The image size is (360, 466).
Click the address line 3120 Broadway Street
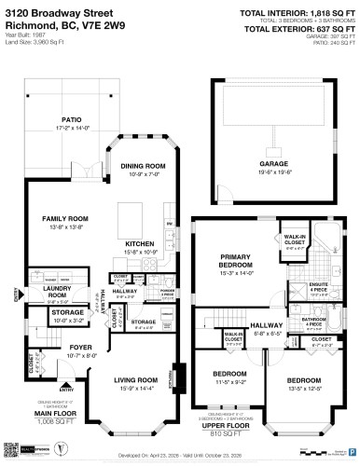[x=56, y=11]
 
